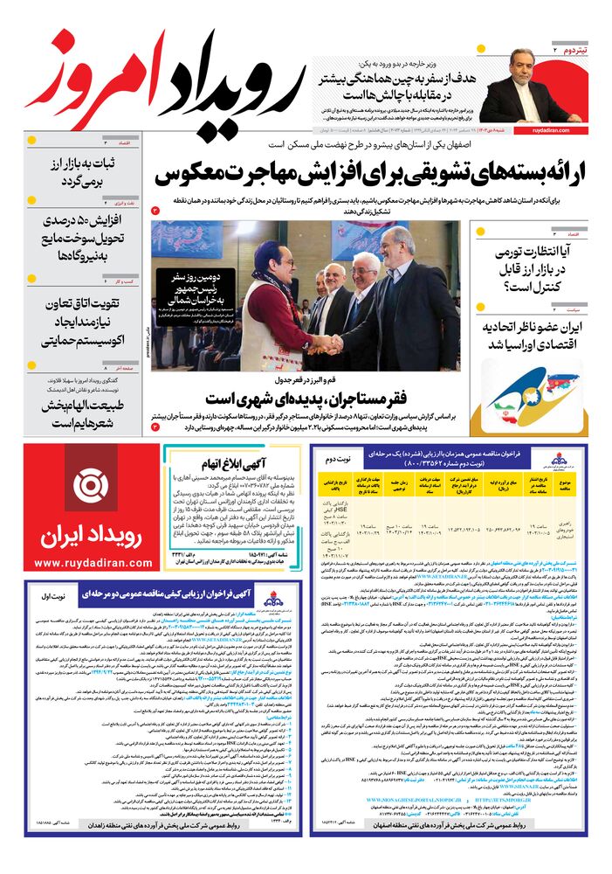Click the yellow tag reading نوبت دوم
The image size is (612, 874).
338,458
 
